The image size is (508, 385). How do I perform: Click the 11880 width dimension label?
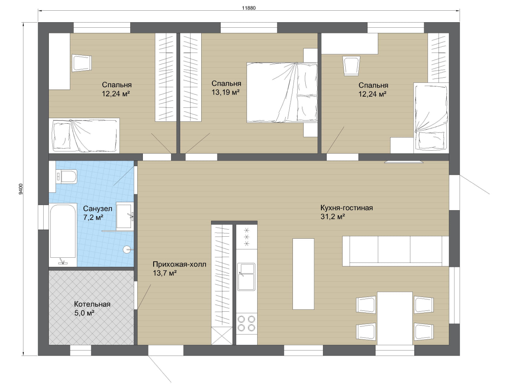pos(249,8)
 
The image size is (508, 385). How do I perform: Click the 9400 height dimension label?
pos(21,189)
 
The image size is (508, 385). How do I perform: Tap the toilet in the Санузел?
pos(66,177)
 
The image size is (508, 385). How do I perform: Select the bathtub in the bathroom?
pos(63,235)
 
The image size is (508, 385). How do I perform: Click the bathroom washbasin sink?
pos(125,215)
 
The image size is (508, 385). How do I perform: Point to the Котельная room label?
pos(92,304)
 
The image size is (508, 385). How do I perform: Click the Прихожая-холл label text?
pos(179,264)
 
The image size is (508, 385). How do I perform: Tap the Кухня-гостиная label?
pos(346,208)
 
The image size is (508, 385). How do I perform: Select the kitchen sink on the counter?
pos(246,277)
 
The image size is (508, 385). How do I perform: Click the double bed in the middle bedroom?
pos(282,92)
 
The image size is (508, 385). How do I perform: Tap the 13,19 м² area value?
pos(225,92)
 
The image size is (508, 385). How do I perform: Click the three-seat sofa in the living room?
pos(396,251)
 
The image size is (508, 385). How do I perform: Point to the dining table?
pos(395,318)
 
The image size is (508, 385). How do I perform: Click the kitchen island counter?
pos(303,274)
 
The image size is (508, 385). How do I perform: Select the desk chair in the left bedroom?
pos(81,63)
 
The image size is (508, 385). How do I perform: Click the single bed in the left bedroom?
pos(84,136)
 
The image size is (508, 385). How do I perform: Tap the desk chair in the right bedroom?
pos(351,66)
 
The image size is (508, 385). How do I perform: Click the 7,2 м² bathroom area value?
pos(93,218)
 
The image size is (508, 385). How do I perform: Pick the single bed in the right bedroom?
pos(431,118)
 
